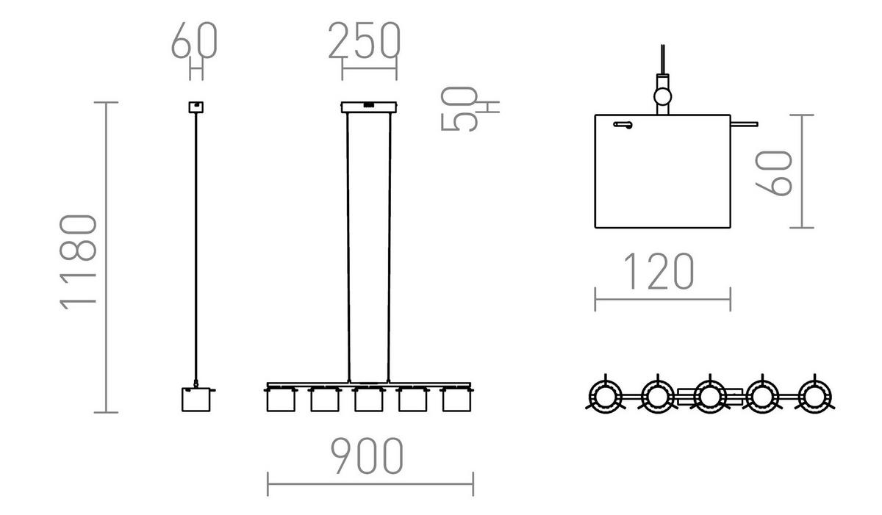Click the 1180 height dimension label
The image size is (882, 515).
(79, 262)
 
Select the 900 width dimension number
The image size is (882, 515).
(366, 455)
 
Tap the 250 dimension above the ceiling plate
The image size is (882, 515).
(364, 41)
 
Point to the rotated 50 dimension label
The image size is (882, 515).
(459, 108)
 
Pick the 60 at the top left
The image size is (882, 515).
(195, 41)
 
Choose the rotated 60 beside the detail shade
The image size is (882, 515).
(775, 173)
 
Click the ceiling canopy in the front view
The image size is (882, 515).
(370, 107)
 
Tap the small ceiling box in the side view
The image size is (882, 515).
(196, 107)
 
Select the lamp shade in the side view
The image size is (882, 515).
(196, 399)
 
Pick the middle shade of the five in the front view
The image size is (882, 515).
(368, 400)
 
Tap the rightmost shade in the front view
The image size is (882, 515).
(456, 400)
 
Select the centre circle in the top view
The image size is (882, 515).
(709, 397)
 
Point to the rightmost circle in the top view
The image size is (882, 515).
(813, 397)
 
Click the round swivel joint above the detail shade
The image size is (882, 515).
(663, 95)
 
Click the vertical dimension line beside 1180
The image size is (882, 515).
(107, 257)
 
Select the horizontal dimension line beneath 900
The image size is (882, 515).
(370, 484)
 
